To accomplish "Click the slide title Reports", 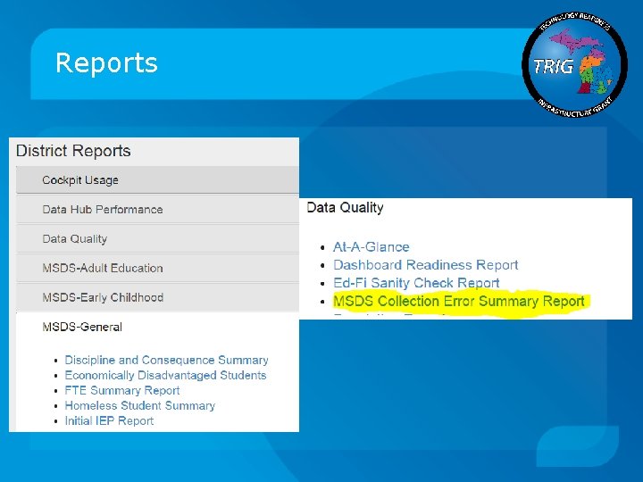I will pos(106,63).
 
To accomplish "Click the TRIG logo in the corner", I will pos(576,65).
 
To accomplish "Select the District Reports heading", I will pos(73,151).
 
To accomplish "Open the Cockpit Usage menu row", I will pos(80,180).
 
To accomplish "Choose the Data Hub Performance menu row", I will pos(102,210).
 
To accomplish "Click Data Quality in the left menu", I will pos(74,239).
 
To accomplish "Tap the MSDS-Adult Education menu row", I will pos(102,268).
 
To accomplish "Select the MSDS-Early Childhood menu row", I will pos(102,297).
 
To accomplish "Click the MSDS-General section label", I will pos(82,327).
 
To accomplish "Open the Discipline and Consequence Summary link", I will pos(166,360).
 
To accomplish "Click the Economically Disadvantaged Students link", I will pos(165,375).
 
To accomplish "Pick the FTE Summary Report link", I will pos(122,390).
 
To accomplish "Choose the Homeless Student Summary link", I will pos(139,405).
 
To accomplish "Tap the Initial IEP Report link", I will pos(109,420).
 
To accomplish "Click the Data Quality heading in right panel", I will pos(345,208).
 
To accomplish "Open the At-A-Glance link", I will pos(371,247).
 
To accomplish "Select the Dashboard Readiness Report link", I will pos(425,265).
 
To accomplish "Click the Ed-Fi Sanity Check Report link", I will pos(416,283).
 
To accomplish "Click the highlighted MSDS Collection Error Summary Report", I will pos(458,302).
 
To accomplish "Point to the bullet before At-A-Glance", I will pos(321,248).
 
